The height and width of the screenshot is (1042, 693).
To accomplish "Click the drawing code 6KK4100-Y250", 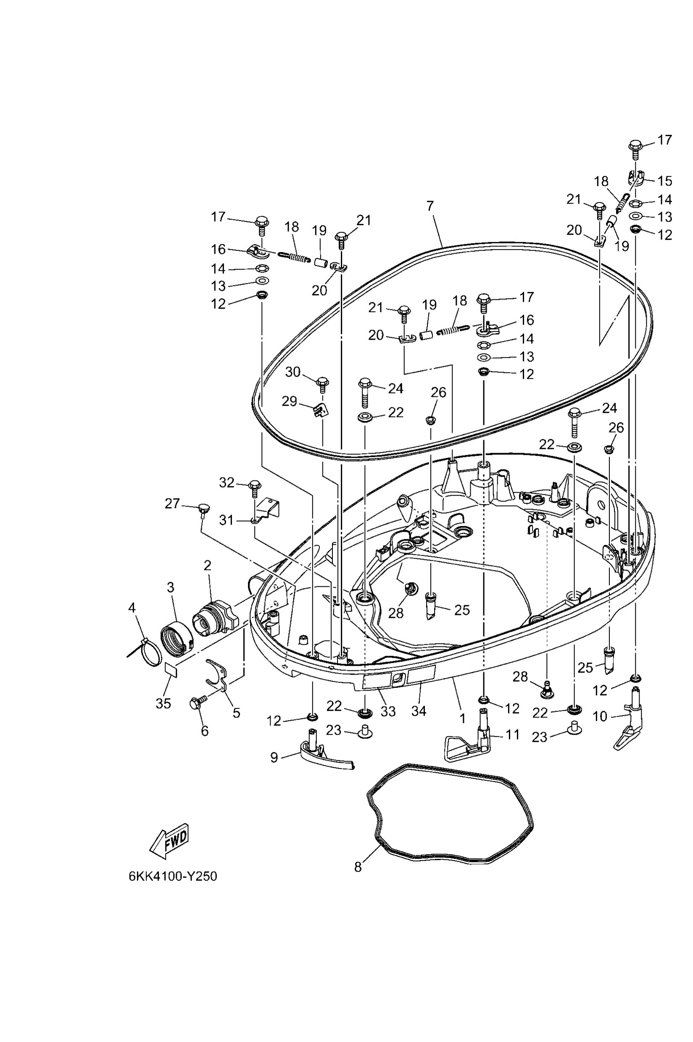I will [173, 877].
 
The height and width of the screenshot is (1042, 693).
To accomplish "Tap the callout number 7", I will [430, 206].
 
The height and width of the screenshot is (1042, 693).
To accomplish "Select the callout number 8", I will [358, 867].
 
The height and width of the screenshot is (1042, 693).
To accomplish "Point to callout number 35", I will [163, 703].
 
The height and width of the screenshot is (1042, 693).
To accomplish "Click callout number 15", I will [665, 181].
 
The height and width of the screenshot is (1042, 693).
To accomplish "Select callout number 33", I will [388, 711].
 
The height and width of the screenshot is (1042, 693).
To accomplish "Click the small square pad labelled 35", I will [171, 669].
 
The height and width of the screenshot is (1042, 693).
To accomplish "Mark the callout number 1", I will [462, 719].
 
